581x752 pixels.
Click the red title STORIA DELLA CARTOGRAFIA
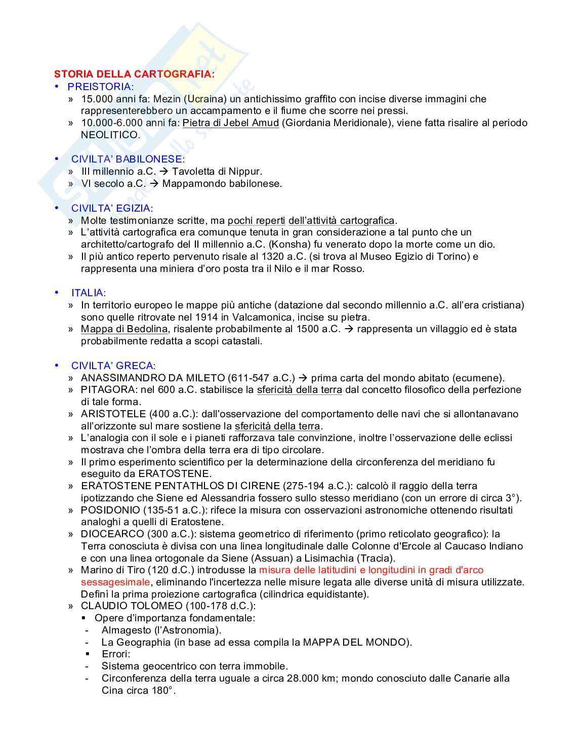pos(134,74)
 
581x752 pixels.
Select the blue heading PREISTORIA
pos(100,87)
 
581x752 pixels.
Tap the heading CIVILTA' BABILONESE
pos(128,159)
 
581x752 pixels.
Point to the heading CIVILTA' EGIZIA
pos(111,208)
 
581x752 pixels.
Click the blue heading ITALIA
pos(88,293)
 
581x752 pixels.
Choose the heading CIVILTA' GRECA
pos(113,366)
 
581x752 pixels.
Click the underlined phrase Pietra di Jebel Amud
pos(231,123)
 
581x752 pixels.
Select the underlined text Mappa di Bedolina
pos(124,329)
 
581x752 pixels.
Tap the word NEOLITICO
pos(109,135)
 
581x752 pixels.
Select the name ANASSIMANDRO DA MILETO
pos(152,378)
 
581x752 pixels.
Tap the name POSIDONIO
pos(110,510)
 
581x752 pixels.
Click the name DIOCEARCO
pos(112,534)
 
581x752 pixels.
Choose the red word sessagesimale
pos(115,582)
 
